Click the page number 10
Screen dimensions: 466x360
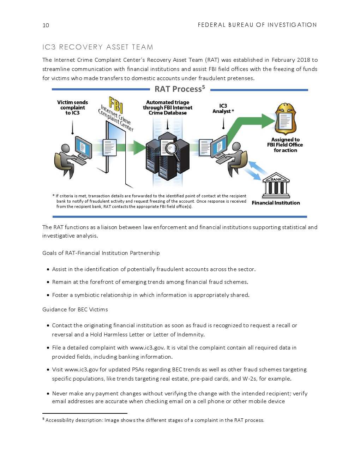pyautogui.click(x=46, y=25)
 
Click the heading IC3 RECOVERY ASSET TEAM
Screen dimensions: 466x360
pyautogui.click(x=98, y=47)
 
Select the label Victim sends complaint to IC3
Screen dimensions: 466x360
pyautogui.click(x=72, y=107)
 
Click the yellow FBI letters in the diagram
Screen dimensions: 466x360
pyautogui.click(x=116, y=104)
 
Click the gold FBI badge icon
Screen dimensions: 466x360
pyautogui.click(x=285, y=119)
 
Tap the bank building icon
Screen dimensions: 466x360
pyautogui.click(x=276, y=186)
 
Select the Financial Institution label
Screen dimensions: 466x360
pyautogui.click(x=276, y=203)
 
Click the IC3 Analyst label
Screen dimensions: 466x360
pyautogui.click(x=223, y=108)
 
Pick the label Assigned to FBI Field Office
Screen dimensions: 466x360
pyautogui.click(x=285, y=145)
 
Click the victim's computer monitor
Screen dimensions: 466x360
pyautogui.click(x=83, y=147)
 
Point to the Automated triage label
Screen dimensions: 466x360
pyautogui.click(x=168, y=107)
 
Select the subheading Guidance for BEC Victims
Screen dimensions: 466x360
pyautogui.click(x=75, y=310)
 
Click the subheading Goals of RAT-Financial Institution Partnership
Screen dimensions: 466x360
pyautogui.click(x=101, y=253)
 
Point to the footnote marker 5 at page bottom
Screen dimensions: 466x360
pyautogui.click(x=43, y=419)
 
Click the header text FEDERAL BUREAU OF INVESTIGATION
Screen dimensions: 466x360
pyautogui.click(x=257, y=25)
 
